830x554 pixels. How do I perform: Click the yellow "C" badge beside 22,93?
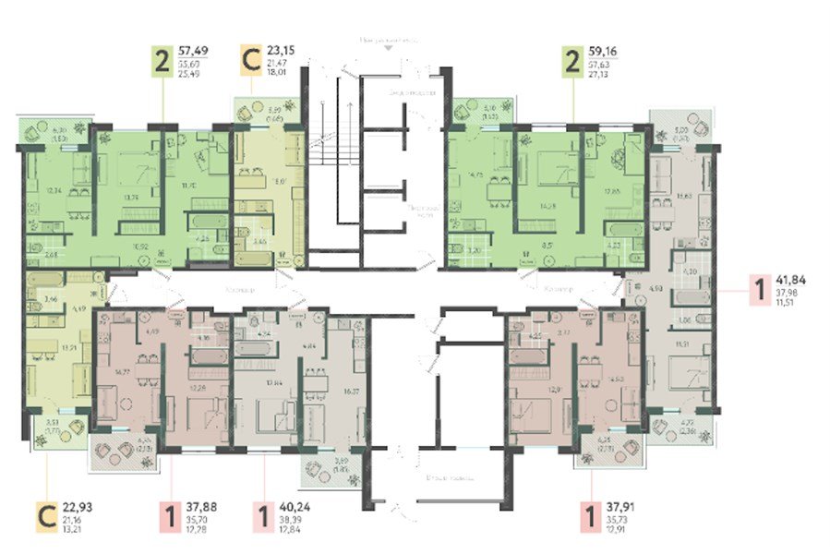coord(43,519)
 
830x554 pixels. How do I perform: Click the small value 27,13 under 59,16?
coord(602,77)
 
